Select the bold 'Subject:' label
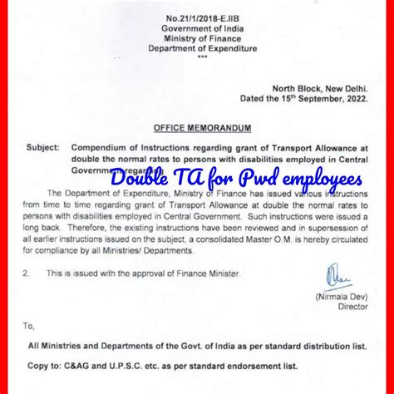coord(44,148)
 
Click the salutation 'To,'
coord(30,326)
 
